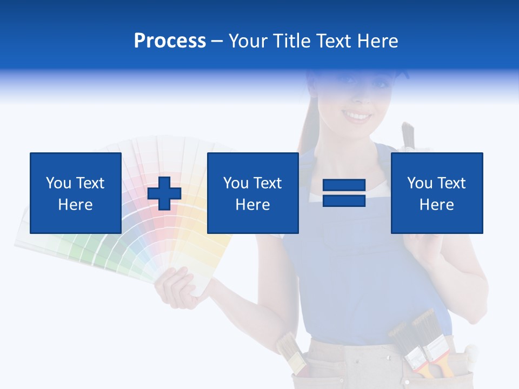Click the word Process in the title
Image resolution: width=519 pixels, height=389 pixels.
[x=170, y=41]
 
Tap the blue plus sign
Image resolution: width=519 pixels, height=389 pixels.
[x=164, y=193]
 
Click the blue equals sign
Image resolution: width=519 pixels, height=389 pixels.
[x=344, y=193]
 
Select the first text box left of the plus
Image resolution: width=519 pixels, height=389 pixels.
[x=75, y=193]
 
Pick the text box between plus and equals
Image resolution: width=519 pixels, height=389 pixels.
[x=252, y=193]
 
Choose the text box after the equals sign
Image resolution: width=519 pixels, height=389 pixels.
[x=437, y=193]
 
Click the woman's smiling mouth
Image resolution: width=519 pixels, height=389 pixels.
[x=357, y=116]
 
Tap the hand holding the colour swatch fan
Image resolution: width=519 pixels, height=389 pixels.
[x=176, y=286]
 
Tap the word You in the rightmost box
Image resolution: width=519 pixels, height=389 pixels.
[x=420, y=183]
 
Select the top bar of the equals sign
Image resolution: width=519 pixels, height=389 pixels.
[x=344, y=186]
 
